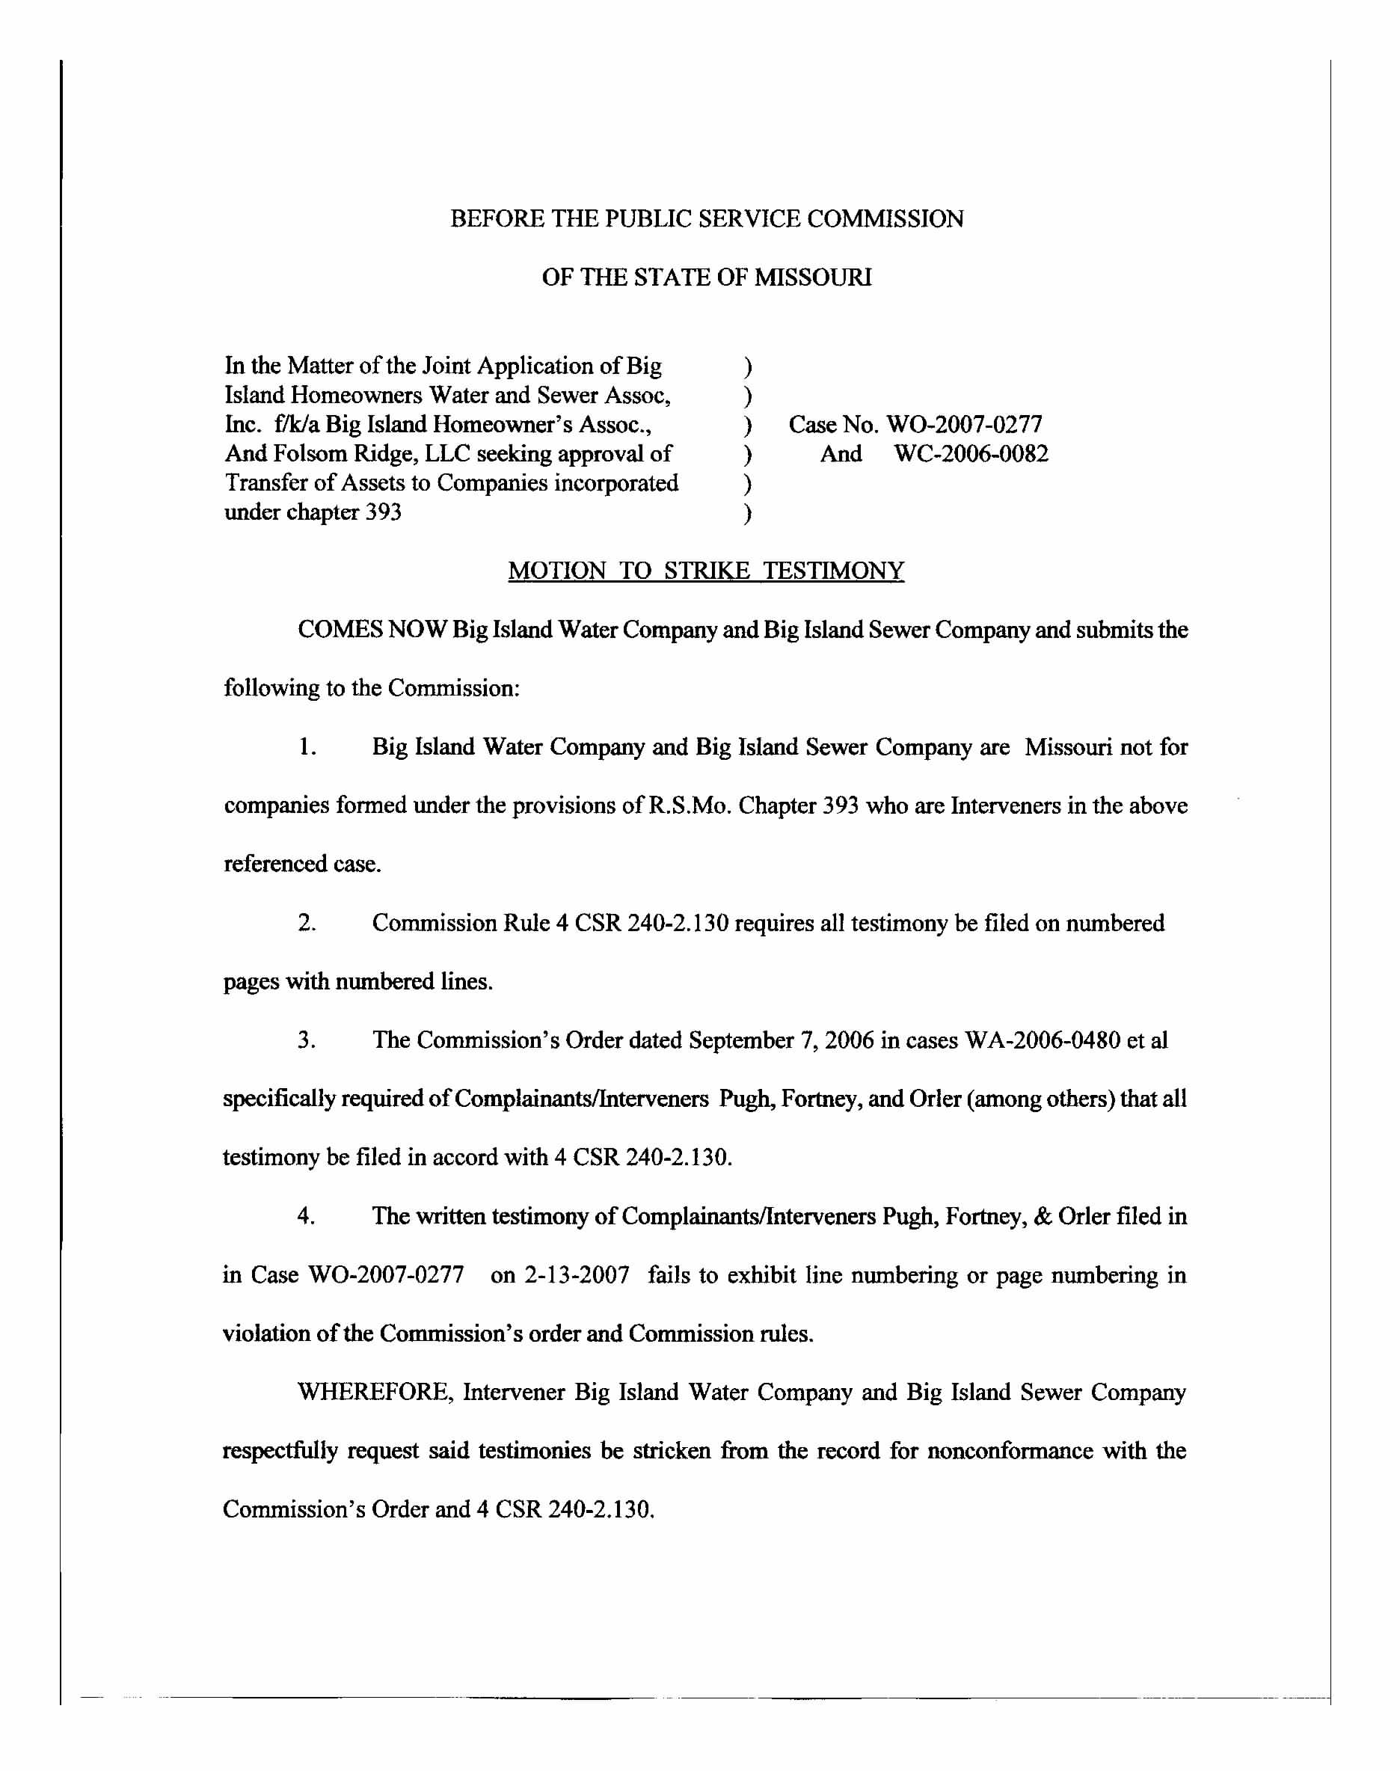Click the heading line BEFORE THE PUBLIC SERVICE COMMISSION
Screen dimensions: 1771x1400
(707, 219)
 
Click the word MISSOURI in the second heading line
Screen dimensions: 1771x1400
(812, 277)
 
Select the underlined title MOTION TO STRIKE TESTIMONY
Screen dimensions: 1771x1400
(706, 571)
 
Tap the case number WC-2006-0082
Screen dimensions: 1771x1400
(971, 454)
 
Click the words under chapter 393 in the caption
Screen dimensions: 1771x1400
(313, 513)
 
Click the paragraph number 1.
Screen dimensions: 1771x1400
(307, 747)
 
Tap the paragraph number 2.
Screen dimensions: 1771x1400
(307, 924)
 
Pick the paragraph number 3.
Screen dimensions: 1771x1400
(307, 1041)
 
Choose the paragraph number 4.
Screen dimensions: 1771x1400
(307, 1216)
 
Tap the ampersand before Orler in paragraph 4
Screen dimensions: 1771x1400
(1043, 1216)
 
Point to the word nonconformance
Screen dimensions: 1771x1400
(1010, 1452)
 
